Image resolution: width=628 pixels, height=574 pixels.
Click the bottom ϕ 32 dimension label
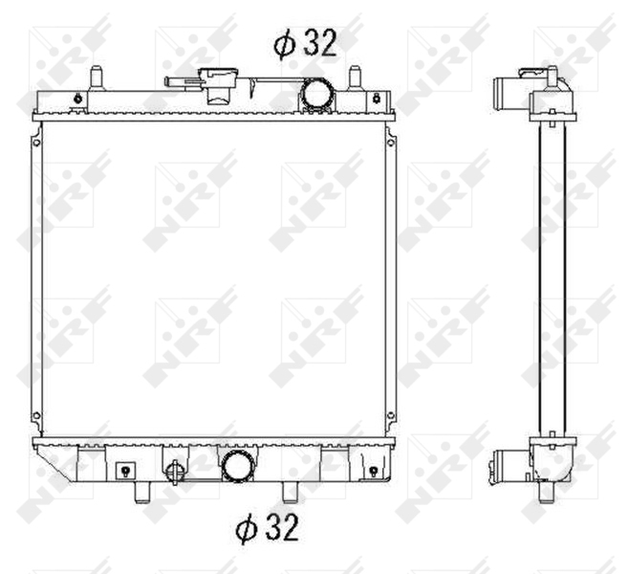267,527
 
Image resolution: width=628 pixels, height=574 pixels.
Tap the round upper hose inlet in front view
315,94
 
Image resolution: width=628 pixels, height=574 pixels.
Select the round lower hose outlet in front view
236,467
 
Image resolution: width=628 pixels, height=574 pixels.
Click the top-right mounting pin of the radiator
354,77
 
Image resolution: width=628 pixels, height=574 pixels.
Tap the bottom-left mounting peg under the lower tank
142,491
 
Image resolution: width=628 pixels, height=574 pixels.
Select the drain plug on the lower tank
174,472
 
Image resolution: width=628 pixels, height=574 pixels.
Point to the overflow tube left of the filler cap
180,82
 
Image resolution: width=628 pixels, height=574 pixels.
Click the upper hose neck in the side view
504,96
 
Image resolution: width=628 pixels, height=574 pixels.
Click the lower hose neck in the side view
503,467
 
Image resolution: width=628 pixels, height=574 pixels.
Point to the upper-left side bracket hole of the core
37,143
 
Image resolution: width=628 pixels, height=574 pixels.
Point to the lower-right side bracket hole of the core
390,415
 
